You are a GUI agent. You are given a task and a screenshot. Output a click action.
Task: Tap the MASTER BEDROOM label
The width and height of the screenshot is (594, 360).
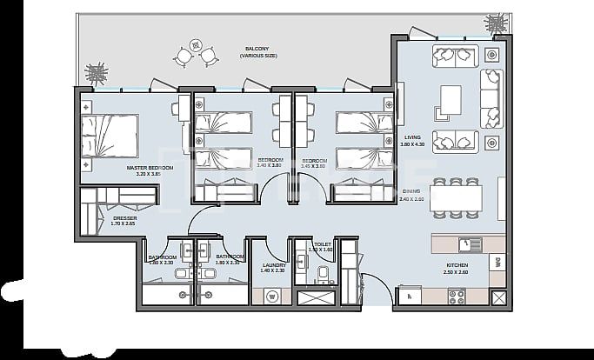coord(149,167)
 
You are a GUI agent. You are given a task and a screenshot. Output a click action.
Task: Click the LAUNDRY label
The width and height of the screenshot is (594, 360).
coord(273,264)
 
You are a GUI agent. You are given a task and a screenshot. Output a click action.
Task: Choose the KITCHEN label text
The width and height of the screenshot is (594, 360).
coord(457,265)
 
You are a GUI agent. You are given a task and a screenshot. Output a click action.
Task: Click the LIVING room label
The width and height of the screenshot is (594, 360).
coord(412,137)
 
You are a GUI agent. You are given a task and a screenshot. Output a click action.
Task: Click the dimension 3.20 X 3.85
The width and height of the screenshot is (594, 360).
coord(149,174)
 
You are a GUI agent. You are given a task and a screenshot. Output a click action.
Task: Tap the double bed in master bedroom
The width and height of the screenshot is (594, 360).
coord(110,136)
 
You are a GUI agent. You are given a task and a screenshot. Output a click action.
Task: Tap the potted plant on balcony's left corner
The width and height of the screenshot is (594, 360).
coord(97,70)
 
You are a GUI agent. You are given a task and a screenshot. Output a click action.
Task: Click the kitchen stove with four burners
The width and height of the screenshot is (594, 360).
coord(457,296)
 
